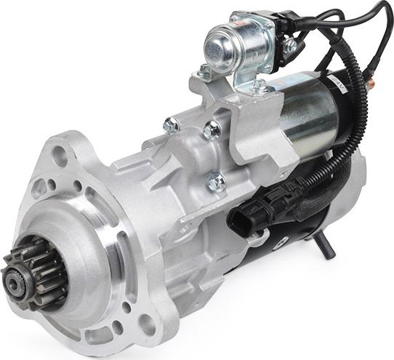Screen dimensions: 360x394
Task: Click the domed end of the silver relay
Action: tap(216, 45)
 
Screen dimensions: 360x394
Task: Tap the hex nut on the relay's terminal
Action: tap(290, 46)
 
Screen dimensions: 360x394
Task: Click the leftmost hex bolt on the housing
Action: tap(172, 126)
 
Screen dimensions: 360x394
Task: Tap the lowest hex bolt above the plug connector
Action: tap(217, 182)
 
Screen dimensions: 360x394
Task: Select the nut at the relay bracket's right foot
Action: tap(260, 87)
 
